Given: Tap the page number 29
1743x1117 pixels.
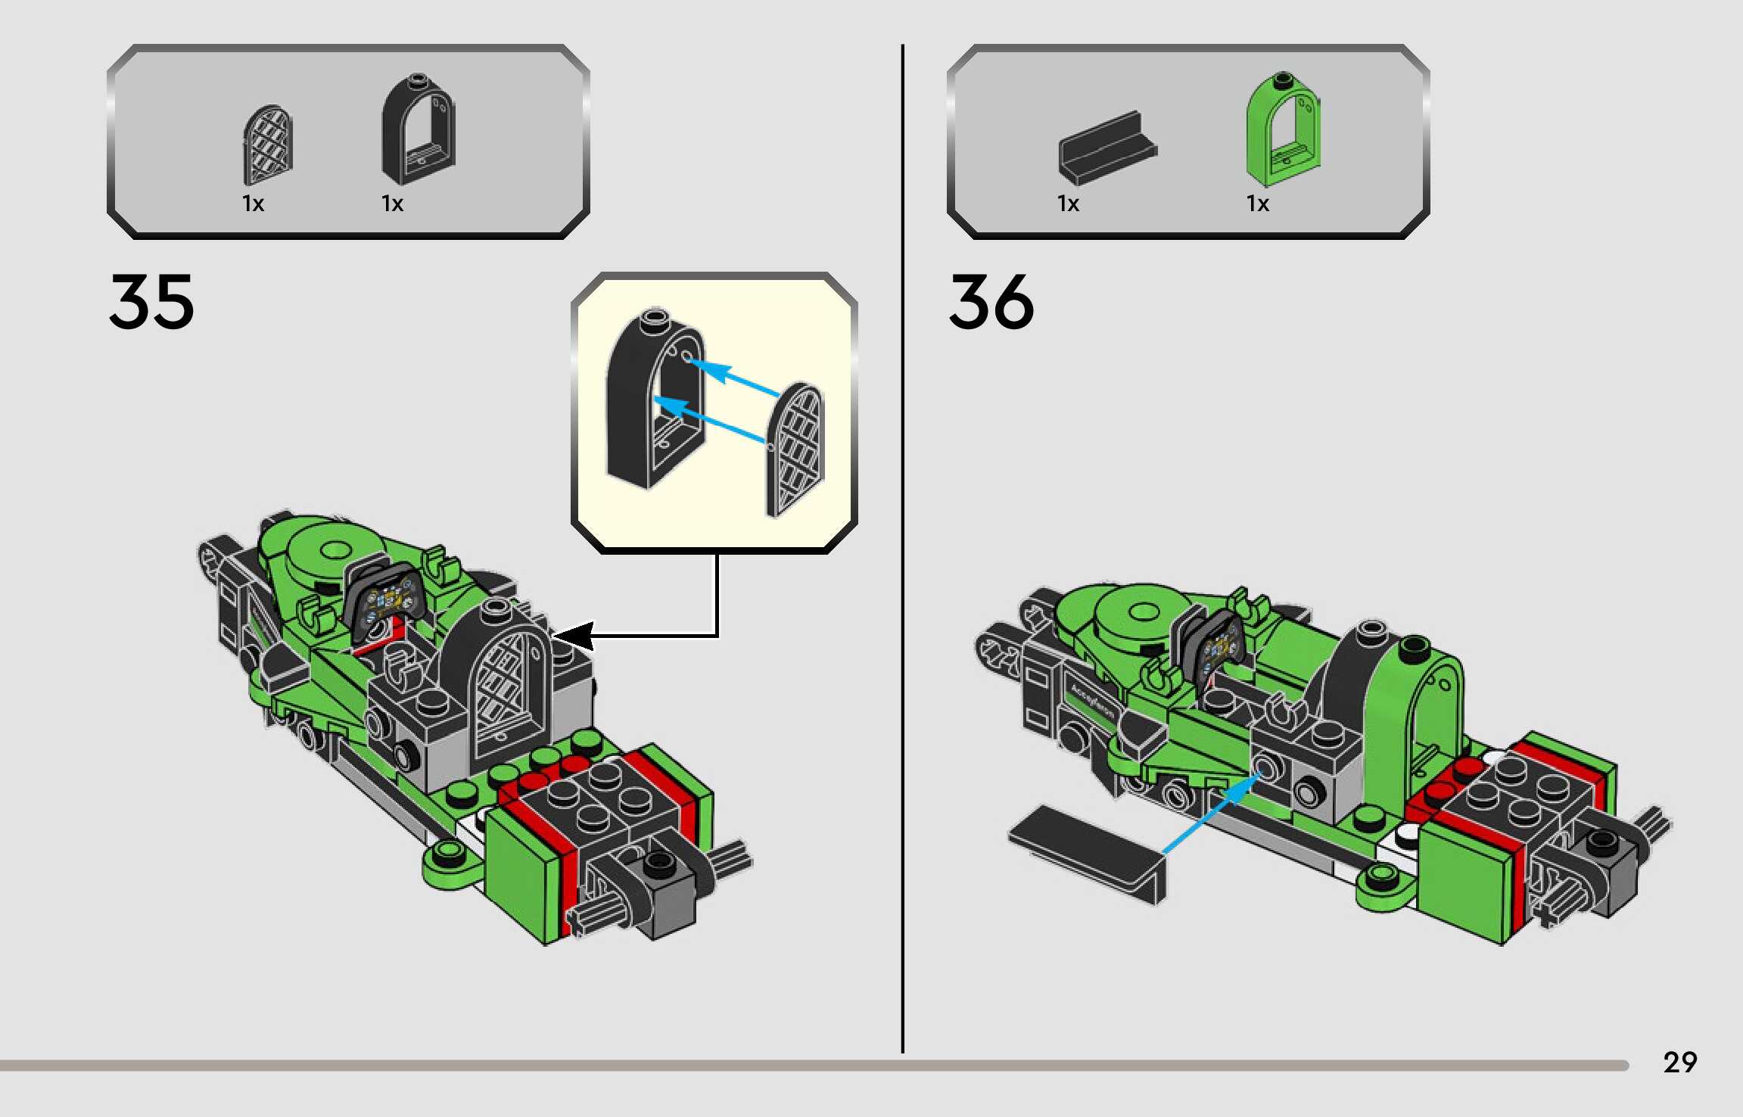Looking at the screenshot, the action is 1679,1063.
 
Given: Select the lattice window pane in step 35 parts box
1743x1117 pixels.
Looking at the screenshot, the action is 267,145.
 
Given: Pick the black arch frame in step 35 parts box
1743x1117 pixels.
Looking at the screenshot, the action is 418,130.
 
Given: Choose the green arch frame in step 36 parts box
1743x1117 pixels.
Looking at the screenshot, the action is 1283,129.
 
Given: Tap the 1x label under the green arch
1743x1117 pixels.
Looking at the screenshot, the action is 1257,204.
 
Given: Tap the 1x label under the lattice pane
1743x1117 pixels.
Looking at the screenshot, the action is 253,204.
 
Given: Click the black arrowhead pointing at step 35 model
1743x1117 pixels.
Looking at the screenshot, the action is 573,635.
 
